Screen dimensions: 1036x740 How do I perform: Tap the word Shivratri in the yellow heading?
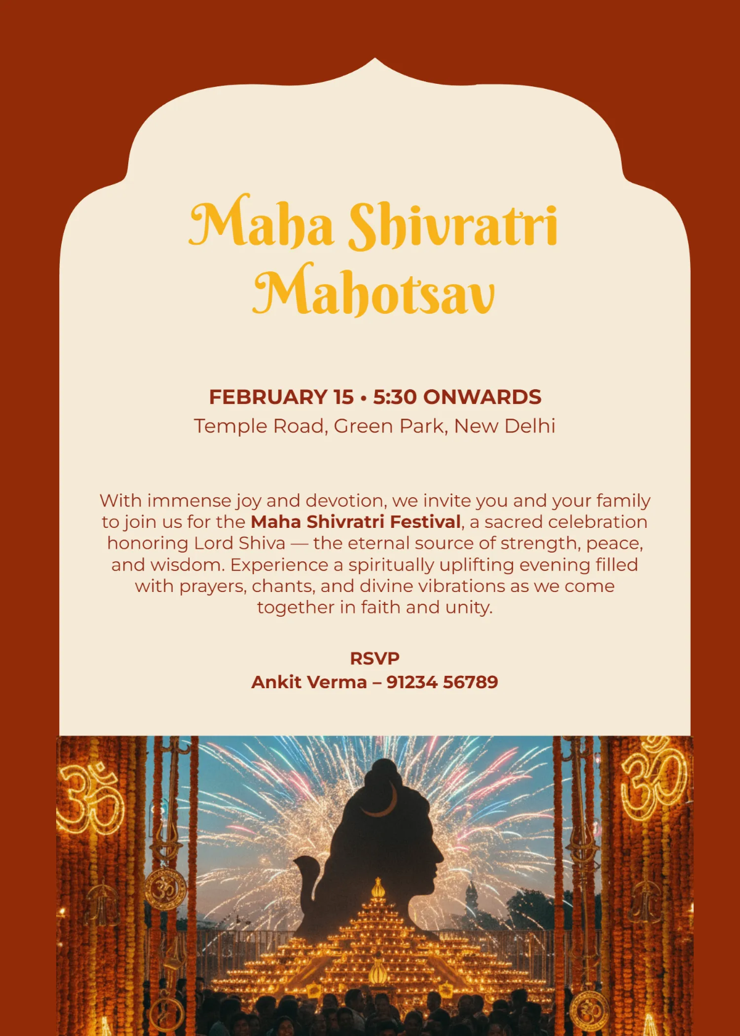pos(453,224)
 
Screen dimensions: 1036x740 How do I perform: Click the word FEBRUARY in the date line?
pos(281,397)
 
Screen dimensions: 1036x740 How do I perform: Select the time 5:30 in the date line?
pos(395,397)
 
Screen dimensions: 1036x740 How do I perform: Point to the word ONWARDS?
pos(482,397)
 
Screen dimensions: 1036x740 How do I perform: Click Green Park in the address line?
pos(390,426)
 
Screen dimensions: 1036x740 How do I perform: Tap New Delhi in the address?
pos(504,426)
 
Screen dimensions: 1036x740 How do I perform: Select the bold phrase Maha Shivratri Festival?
pos(356,522)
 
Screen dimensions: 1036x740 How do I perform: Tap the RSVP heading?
pos(374,659)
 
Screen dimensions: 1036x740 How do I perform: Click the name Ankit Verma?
pos(309,683)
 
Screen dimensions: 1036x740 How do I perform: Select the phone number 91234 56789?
pos(442,683)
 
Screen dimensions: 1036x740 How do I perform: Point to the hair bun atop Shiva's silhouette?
pos(383,771)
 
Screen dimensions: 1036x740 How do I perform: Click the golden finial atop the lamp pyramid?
pos(377,888)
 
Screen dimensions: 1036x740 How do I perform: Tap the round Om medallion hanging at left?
pos(165,889)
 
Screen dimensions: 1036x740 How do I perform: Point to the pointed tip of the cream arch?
pos(374,60)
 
